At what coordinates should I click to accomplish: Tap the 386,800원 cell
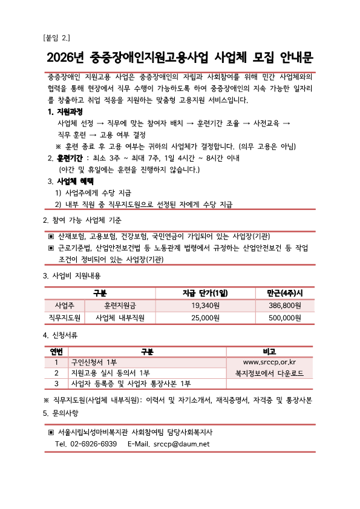click(285, 305)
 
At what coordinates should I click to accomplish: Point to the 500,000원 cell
click(285, 317)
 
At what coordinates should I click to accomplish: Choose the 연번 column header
click(56, 351)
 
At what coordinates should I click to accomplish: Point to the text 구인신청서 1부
click(94, 362)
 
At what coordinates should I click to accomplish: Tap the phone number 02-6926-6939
click(94, 444)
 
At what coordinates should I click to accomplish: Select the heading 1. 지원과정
click(65, 113)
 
